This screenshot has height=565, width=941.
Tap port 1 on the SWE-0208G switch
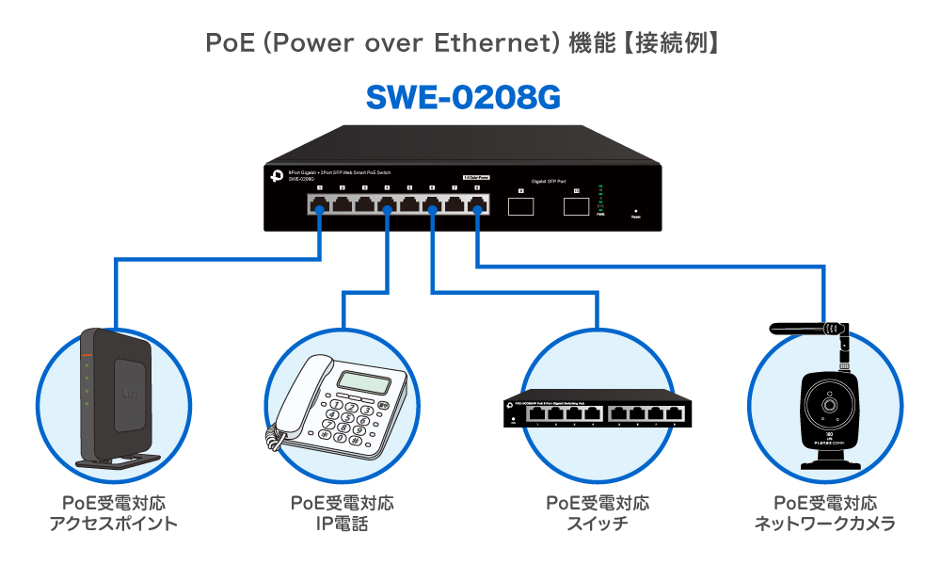pos(320,204)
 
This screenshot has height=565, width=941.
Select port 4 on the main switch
pos(388,204)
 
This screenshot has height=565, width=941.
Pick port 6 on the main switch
pos(432,204)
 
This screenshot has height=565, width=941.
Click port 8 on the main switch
pos(477,204)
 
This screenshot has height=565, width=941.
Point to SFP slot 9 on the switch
pos(521,204)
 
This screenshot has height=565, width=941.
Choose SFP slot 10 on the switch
pos(575,204)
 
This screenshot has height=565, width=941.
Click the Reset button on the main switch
pos(636,211)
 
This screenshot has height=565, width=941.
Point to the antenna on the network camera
pos(809,329)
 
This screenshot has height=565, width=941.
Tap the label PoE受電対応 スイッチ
pos(598,513)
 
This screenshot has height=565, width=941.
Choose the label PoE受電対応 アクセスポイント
pos(113,513)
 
